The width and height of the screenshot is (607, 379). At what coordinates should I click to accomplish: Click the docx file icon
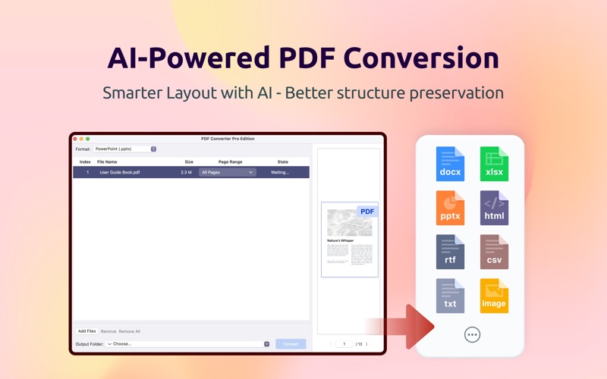pos(450,164)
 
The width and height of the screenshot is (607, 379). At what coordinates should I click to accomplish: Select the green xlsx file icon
pos(494,164)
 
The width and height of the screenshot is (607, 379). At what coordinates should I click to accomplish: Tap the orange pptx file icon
pos(450,208)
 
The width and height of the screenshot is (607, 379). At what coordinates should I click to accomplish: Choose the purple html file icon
pos(494,208)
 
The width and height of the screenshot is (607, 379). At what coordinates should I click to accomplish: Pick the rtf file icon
pos(450,252)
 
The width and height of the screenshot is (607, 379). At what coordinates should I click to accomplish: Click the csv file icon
pos(494,252)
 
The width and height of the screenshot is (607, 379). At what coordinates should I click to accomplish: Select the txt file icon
pos(450,296)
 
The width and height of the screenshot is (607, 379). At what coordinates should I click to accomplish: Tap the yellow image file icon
pos(494,296)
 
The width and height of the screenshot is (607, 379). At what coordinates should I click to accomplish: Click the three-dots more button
pos(472,334)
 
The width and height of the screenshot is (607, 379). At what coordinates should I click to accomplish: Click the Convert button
pos(291,344)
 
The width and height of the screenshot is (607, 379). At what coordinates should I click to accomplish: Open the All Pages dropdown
pos(227,173)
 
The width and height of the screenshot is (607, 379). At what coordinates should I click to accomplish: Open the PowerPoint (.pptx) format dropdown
pos(125,149)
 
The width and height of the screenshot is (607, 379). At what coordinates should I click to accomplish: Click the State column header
pos(282,162)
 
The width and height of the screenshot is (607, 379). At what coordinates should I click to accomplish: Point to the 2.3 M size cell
pos(186,173)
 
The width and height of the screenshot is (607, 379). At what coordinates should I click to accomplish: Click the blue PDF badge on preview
pos(367,211)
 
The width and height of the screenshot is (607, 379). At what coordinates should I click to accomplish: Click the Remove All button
pos(129,331)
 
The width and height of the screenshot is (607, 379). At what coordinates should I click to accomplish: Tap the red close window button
pos(75,139)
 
